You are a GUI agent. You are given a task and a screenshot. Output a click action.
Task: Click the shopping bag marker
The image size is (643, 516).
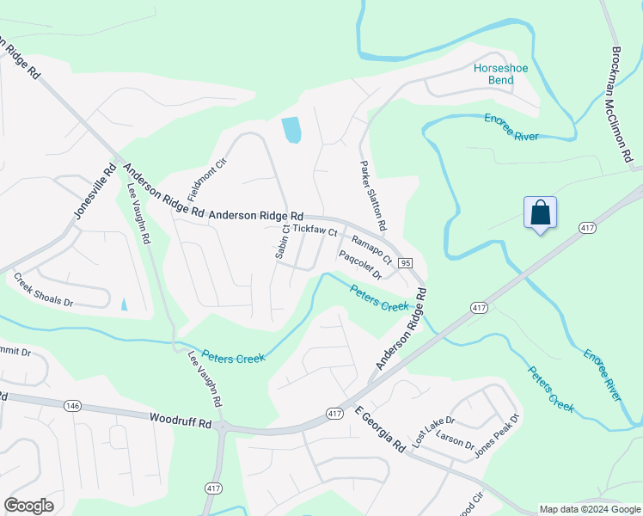(540, 213)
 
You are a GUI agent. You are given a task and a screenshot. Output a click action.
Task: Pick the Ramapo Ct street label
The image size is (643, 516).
(371, 248)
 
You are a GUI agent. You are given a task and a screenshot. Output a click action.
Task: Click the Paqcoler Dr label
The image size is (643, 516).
(359, 264)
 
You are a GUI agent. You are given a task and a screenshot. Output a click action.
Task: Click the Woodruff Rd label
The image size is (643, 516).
(180, 423)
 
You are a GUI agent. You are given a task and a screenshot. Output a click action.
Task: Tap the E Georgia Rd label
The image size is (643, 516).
(379, 431)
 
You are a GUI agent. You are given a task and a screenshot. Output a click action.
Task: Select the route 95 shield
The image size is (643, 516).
(406, 262)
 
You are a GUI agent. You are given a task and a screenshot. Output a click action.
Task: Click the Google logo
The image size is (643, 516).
(28, 506)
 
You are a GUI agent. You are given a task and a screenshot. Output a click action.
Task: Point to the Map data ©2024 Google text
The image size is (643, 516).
(589, 509)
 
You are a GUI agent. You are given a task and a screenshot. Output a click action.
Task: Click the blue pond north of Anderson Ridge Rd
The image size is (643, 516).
(291, 130)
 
